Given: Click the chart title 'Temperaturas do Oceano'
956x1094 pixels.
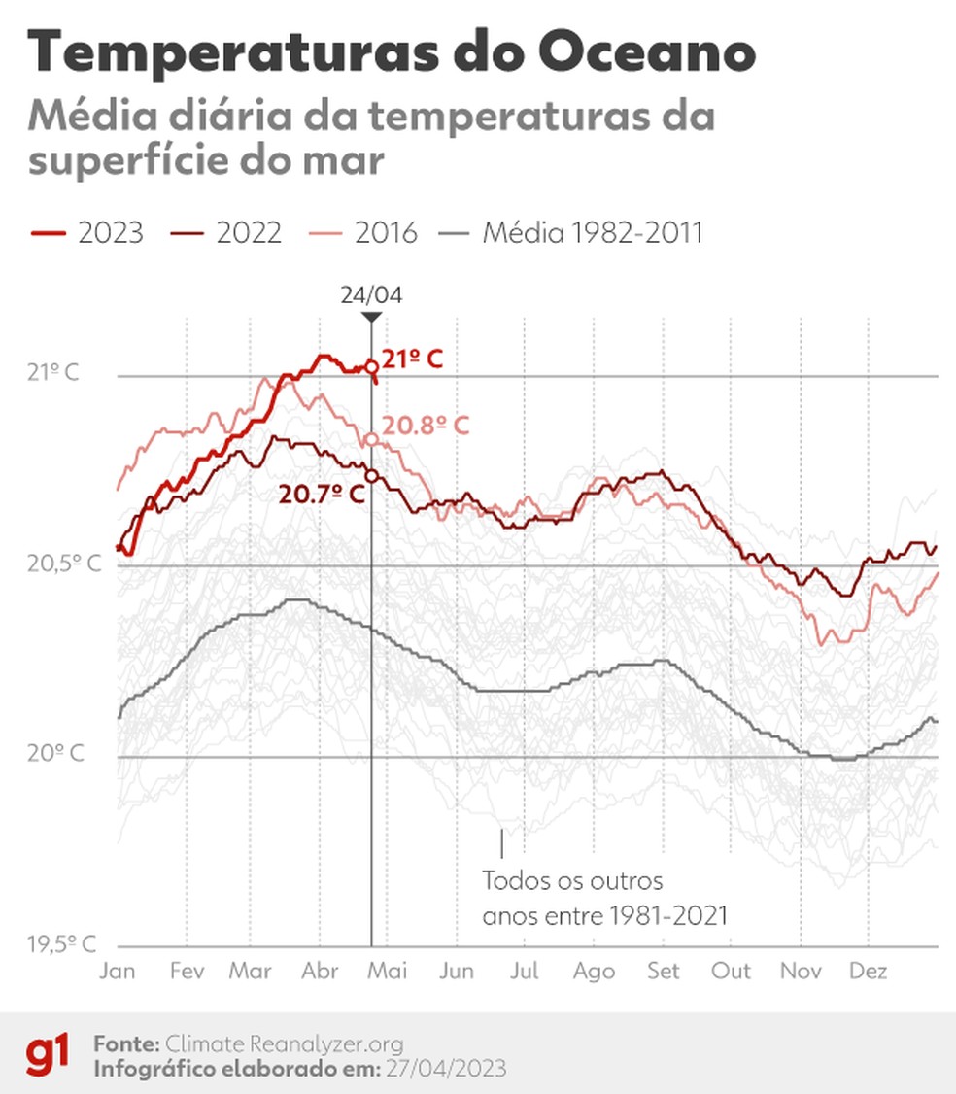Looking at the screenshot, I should click(x=391, y=51).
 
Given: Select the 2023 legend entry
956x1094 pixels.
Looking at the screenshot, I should click(x=87, y=233).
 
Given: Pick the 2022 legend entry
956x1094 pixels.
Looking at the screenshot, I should click(x=226, y=233).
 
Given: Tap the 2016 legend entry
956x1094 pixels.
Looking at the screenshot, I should click(x=363, y=233).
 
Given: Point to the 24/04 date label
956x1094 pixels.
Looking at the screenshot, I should click(x=370, y=295).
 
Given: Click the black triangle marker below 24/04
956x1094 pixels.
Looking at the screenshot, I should click(x=370, y=318).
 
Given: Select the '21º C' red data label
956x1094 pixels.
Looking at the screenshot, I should click(x=412, y=359).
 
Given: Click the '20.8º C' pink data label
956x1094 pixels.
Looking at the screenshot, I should click(x=425, y=426).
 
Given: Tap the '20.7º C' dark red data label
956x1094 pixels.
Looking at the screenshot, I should click(x=322, y=495).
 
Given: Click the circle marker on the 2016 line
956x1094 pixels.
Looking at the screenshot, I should click(x=371, y=440).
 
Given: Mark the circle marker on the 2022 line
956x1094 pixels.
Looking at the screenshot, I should click(x=371, y=476).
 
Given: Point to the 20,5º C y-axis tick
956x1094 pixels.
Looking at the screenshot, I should click(x=64, y=564).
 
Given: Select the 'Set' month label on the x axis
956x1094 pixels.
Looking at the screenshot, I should click(x=664, y=971).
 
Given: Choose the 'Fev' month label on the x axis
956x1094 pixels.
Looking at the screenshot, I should click(x=186, y=971).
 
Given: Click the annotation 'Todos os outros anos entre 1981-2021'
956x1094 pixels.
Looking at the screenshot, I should click(x=604, y=898).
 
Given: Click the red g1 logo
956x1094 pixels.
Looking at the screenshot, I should click(x=47, y=1055).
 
